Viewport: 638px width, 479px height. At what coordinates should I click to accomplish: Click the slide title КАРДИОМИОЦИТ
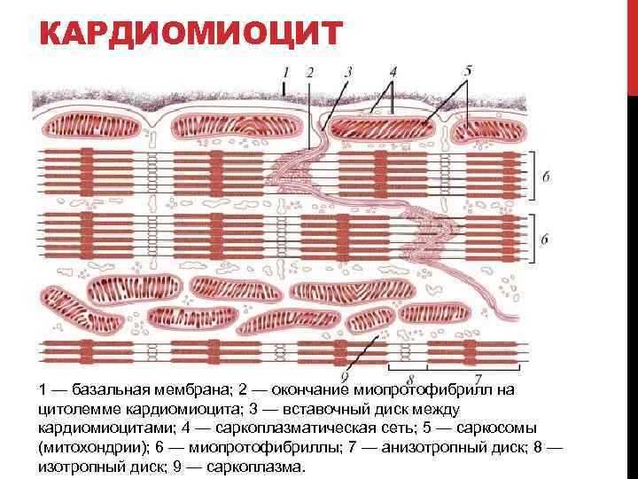191,35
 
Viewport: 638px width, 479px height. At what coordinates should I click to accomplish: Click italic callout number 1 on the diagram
285,71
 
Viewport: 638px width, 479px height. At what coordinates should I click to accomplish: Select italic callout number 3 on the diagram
348,71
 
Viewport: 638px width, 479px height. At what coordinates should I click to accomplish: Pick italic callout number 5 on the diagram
468,70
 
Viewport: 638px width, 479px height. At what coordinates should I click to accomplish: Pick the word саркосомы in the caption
509,428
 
